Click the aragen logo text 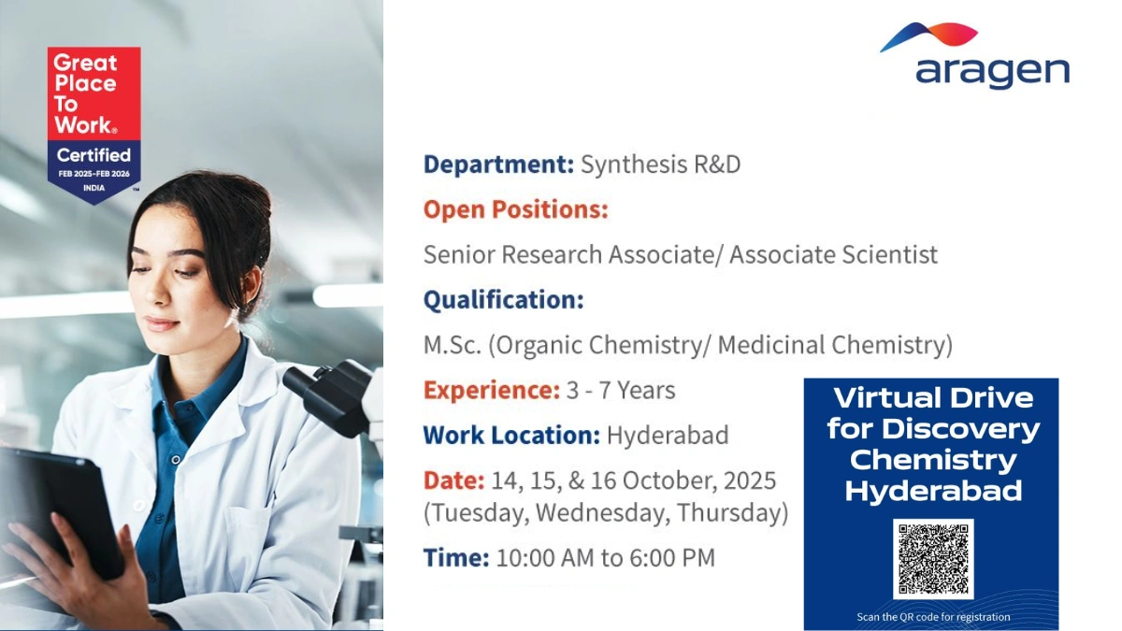pyautogui.click(x=992, y=72)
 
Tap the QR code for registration pyautogui.click(x=932, y=558)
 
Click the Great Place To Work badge pyautogui.click(x=93, y=121)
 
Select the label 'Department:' pyautogui.click(x=498, y=165)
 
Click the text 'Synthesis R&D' pyautogui.click(x=660, y=165)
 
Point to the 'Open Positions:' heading pyautogui.click(x=515, y=209)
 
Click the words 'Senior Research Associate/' pyautogui.click(x=573, y=254)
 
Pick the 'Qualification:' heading pyautogui.click(x=503, y=300)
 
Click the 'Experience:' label pyautogui.click(x=491, y=390)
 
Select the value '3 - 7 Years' pyautogui.click(x=621, y=390)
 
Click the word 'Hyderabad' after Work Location pyautogui.click(x=668, y=435)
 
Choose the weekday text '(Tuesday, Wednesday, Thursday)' pyautogui.click(x=606, y=513)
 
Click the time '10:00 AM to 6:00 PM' pyautogui.click(x=605, y=558)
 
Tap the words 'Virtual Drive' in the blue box pyautogui.click(x=932, y=398)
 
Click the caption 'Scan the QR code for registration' pyautogui.click(x=932, y=617)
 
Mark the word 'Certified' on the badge pyautogui.click(x=93, y=154)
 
